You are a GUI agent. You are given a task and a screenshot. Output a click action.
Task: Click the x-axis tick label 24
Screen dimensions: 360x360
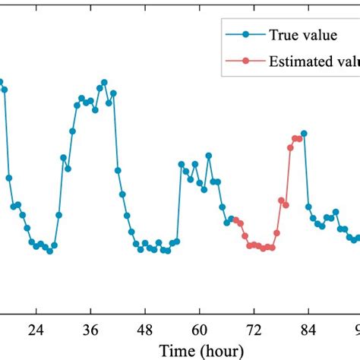click(35, 330)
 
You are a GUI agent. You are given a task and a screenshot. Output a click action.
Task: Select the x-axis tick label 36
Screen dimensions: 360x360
click(90, 330)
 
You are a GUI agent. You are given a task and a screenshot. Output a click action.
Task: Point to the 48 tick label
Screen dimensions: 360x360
click(145, 330)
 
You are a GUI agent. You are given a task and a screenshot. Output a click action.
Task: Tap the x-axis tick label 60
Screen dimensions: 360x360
click(200, 330)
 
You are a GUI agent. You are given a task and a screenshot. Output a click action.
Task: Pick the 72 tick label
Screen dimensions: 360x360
click(254, 330)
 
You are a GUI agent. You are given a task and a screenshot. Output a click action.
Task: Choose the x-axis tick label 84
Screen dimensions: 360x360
click(309, 330)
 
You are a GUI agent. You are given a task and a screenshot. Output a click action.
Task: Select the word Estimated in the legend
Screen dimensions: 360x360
click(299, 61)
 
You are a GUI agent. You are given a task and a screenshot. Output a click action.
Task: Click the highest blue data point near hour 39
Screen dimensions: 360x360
click(104, 82)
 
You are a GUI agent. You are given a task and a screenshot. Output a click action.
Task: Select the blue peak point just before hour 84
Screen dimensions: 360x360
click(304, 134)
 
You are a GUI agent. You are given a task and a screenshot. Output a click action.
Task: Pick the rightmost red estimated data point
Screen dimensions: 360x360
click(298, 138)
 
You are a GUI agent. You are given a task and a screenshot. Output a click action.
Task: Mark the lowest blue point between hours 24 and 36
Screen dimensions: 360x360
click(49, 251)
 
